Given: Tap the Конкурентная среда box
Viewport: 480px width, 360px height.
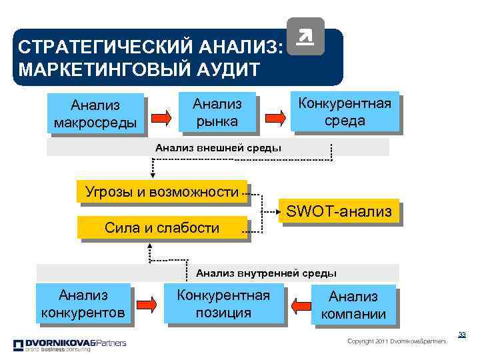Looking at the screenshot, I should point(344,111).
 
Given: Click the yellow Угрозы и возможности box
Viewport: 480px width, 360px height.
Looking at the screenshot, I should point(161,193).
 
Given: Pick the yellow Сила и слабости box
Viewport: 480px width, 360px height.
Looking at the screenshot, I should point(162,228).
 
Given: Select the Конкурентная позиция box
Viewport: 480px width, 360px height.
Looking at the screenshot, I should point(223,303).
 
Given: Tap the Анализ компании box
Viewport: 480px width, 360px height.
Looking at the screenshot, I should point(353,305).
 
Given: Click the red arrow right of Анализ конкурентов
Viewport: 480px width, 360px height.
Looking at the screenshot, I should point(149,305).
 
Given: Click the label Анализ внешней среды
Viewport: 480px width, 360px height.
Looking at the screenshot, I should point(218,147).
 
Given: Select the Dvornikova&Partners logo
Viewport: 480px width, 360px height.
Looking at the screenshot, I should point(69,345).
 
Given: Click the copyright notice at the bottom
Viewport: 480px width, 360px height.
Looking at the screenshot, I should point(397,341).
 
